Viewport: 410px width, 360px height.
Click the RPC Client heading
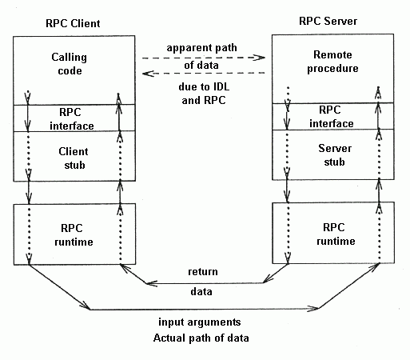[73, 23]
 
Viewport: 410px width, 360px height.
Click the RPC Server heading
[328, 21]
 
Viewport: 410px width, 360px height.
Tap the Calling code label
[70, 64]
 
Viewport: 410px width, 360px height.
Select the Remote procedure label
[332, 62]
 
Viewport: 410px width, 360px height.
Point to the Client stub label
[74, 158]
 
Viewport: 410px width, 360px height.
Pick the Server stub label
[335, 155]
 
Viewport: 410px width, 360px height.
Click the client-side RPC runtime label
[74, 235]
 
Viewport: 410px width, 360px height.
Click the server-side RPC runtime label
[336, 234]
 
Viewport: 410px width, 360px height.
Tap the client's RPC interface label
[72, 119]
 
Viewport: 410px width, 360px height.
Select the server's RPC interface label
[332, 117]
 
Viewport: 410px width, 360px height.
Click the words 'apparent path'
[201, 48]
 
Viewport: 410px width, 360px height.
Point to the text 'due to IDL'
[204, 86]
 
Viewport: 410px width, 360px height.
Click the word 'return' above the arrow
[203, 272]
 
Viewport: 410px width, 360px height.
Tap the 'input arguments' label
[200, 322]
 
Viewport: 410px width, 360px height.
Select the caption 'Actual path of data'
[201, 338]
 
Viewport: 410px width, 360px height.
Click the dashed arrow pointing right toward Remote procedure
[204, 58]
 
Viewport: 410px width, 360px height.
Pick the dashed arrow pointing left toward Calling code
[204, 73]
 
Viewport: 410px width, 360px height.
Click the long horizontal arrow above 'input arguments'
[204, 309]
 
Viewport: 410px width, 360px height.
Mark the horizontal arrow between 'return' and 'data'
[205, 283]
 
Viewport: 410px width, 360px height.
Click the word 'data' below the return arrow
[201, 291]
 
